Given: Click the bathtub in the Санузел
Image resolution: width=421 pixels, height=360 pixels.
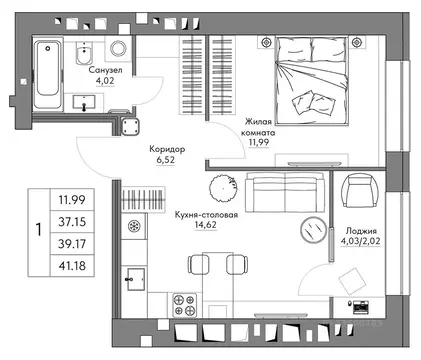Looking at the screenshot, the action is click(x=48, y=74).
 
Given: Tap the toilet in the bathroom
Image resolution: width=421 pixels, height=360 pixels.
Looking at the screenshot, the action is click(x=84, y=53).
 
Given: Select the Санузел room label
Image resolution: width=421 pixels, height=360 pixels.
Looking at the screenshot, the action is click(x=105, y=70).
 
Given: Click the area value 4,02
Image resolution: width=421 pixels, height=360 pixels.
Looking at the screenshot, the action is click(x=105, y=81).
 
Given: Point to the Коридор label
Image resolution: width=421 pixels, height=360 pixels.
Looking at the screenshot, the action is click(x=167, y=149).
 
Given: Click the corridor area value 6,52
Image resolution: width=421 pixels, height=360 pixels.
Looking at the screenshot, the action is click(x=166, y=160).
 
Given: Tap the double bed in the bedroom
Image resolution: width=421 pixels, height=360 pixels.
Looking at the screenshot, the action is click(x=312, y=81).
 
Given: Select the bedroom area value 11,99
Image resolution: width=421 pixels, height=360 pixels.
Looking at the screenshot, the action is click(x=259, y=142).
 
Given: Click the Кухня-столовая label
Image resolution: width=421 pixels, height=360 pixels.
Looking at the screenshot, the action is click(x=206, y=215).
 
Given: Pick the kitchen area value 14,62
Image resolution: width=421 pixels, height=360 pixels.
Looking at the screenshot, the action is click(x=205, y=225).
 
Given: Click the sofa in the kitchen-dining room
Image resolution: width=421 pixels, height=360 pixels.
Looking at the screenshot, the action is click(x=285, y=192).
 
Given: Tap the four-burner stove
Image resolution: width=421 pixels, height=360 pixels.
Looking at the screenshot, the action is click(x=184, y=305).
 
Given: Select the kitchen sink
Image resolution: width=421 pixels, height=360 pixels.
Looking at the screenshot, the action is click(x=135, y=279).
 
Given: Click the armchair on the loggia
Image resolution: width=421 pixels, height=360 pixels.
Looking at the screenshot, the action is click(x=359, y=191).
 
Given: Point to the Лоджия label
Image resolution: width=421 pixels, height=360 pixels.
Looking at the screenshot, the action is click(x=361, y=231).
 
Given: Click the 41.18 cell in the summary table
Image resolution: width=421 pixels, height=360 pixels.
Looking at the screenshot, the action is click(x=72, y=266).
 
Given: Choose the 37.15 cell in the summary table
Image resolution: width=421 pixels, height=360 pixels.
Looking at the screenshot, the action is click(x=72, y=222).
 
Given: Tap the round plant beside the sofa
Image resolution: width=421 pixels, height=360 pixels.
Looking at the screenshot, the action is click(x=224, y=188).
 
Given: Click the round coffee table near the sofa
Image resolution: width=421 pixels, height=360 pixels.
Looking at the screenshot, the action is click(x=313, y=229).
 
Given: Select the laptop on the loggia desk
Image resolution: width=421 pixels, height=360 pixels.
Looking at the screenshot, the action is click(x=361, y=307).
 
